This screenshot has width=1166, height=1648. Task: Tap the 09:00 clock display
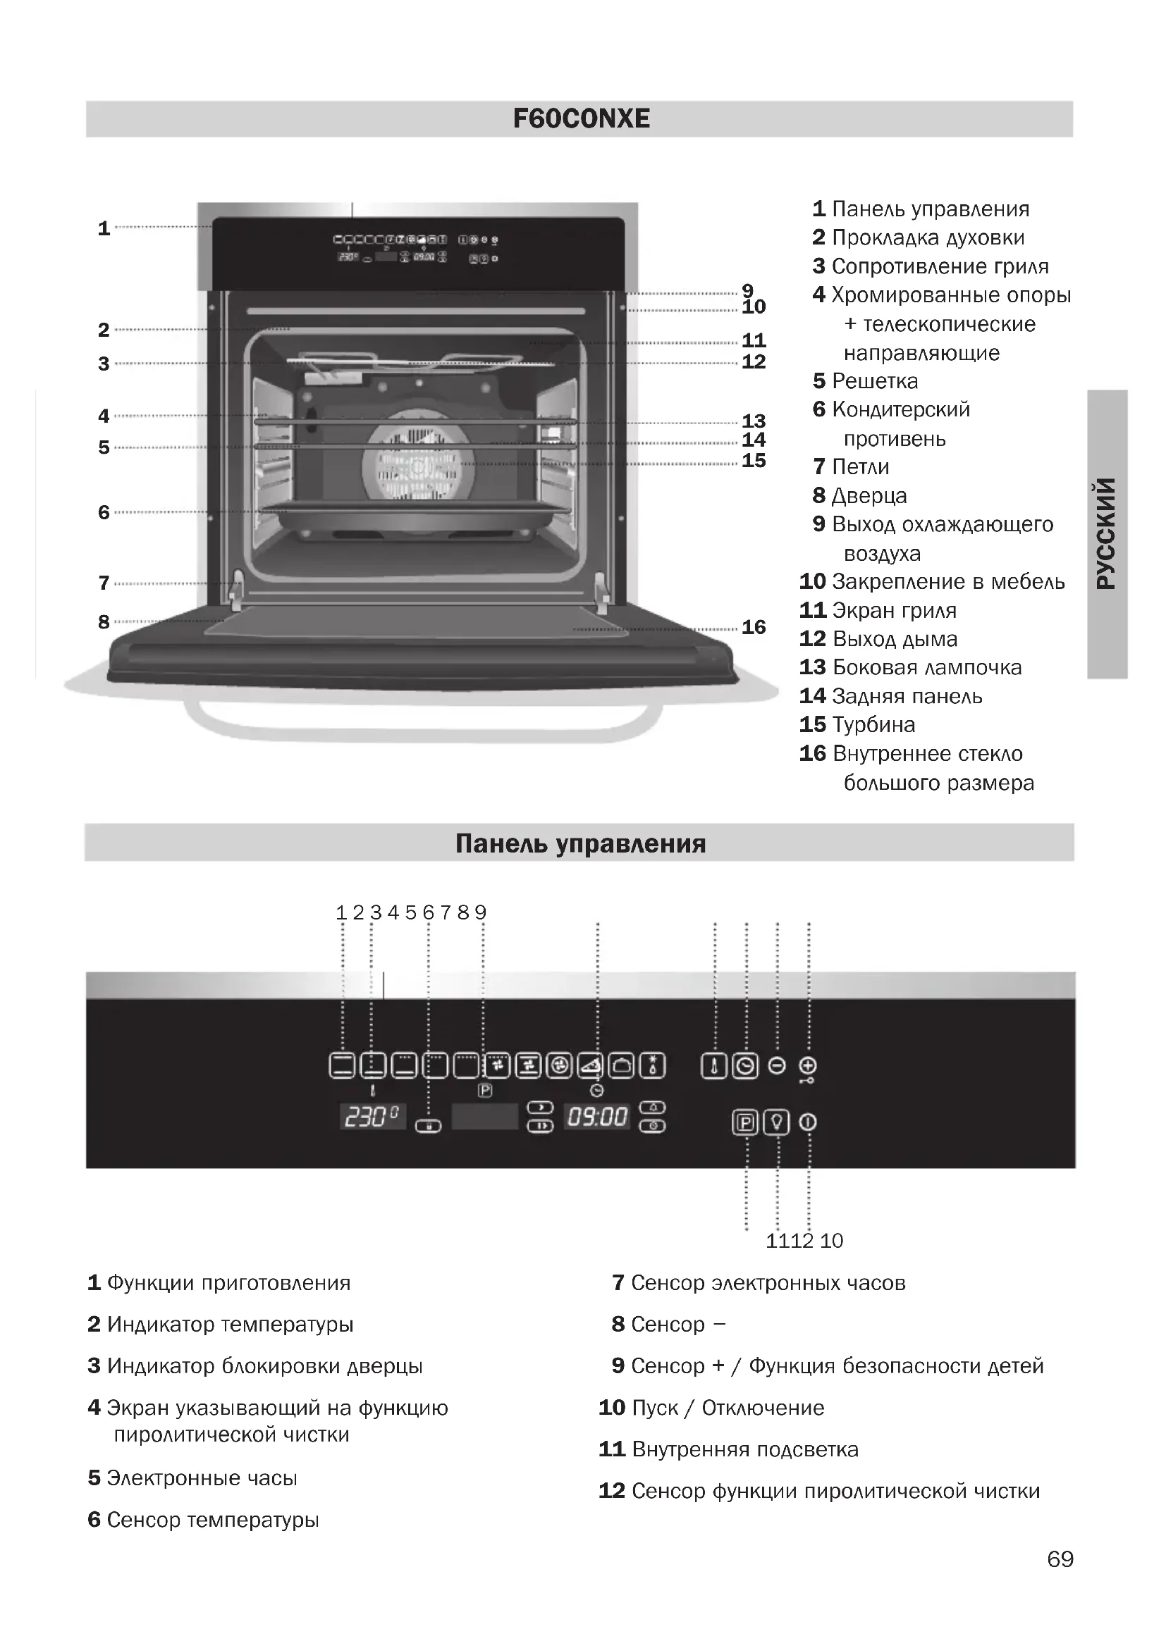click(597, 1117)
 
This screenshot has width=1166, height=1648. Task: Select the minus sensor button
click(777, 1066)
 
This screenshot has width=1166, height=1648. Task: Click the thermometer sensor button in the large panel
click(713, 1066)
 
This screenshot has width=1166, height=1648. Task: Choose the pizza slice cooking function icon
click(591, 1066)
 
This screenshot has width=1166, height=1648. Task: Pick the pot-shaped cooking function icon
click(622, 1066)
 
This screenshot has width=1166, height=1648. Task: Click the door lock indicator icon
click(429, 1125)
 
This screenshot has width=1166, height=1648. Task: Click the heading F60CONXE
click(581, 118)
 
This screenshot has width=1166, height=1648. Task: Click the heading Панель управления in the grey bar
click(580, 843)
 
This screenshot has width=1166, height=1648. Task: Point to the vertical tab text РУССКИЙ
click(1106, 533)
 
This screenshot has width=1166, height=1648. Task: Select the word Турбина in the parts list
click(873, 725)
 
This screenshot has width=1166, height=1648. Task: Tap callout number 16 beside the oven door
click(753, 627)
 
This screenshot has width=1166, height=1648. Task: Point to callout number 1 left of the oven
click(104, 228)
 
